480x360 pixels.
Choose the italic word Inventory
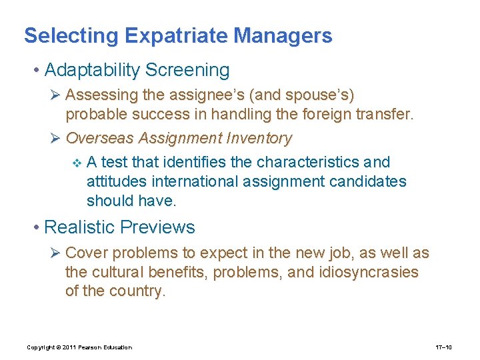[x=259, y=138]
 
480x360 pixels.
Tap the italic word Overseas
[x=99, y=138]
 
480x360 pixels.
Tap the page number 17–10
[x=444, y=347]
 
